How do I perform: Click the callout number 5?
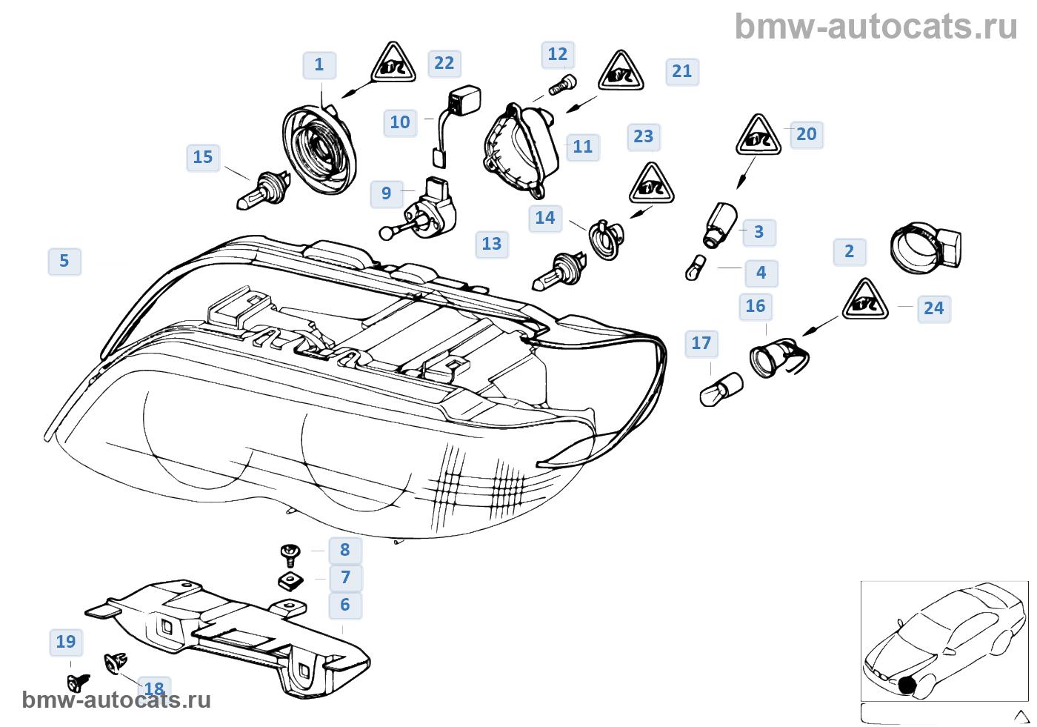tap(64, 261)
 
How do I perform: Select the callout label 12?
tap(557, 55)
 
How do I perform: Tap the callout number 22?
tap(444, 63)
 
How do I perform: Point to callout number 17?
tap(701, 343)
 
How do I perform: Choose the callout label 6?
tap(345, 605)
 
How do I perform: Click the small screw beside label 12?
tap(562, 85)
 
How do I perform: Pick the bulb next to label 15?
tap(263, 190)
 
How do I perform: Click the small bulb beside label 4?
tap(696, 268)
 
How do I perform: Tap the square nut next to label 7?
tap(290, 581)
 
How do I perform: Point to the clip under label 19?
tap(79, 683)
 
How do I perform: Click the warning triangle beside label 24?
tap(865, 301)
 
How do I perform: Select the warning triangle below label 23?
tap(651, 184)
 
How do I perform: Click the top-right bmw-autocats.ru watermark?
tap(876, 27)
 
